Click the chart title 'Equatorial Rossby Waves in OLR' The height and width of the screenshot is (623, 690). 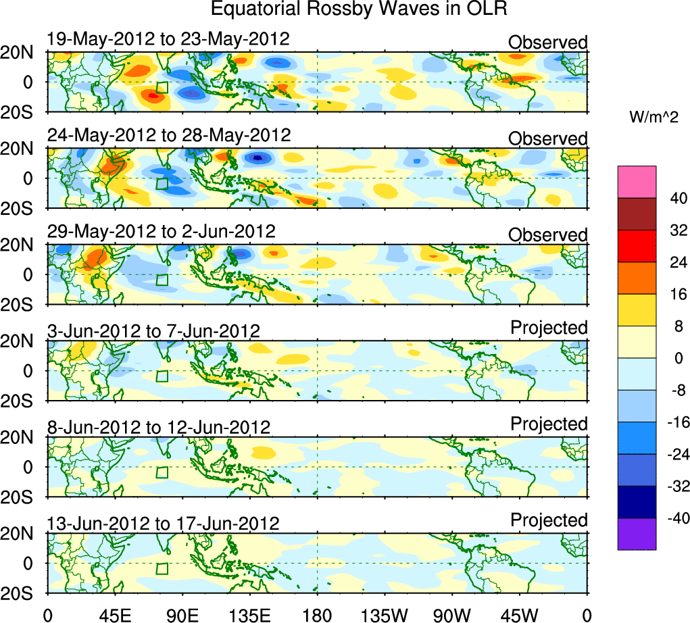(x=359, y=9)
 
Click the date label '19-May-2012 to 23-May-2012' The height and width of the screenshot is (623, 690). (x=168, y=39)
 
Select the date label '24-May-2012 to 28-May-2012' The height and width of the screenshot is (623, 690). (x=169, y=135)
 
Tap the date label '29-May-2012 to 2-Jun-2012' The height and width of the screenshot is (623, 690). (x=162, y=232)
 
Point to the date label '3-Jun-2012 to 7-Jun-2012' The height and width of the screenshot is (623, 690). (x=153, y=331)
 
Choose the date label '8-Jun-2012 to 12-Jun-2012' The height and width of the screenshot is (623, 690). (x=159, y=427)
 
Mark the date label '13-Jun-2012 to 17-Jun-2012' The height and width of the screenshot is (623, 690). (x=163, y=524)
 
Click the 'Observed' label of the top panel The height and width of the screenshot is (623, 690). (x=547, y=43)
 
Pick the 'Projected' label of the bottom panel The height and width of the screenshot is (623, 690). (x=549, y=520)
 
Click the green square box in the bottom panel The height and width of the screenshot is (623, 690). (x=162, y=569)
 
